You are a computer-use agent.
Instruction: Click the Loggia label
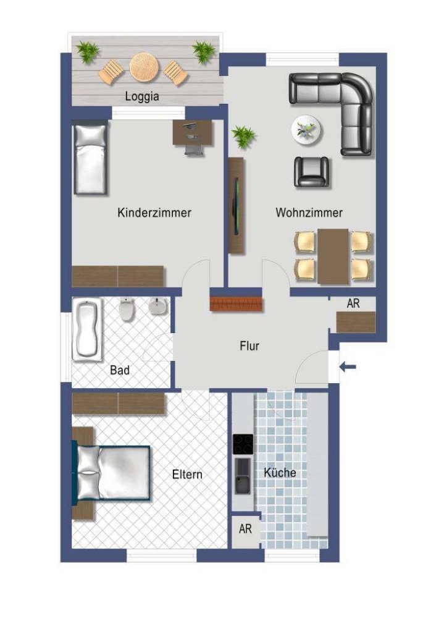[142, 96]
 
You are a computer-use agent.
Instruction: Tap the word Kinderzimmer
[154, 213]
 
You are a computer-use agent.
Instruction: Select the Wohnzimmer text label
[309, 213]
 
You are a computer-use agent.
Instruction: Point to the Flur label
[249, 346]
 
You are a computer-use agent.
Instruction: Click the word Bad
[120, 371]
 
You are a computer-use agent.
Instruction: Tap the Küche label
[280, 473]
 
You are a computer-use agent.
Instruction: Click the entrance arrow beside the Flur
[348, 368]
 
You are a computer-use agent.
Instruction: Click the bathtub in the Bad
[89, 329]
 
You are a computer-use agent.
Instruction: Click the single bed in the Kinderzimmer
[91, 158]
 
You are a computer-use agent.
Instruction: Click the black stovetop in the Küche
[243, 444]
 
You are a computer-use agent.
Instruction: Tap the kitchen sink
[243, 476]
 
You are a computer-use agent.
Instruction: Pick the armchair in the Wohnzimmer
[311, 172]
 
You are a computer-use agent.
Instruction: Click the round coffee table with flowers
[307, 130]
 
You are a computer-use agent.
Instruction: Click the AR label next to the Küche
[245, 530]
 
